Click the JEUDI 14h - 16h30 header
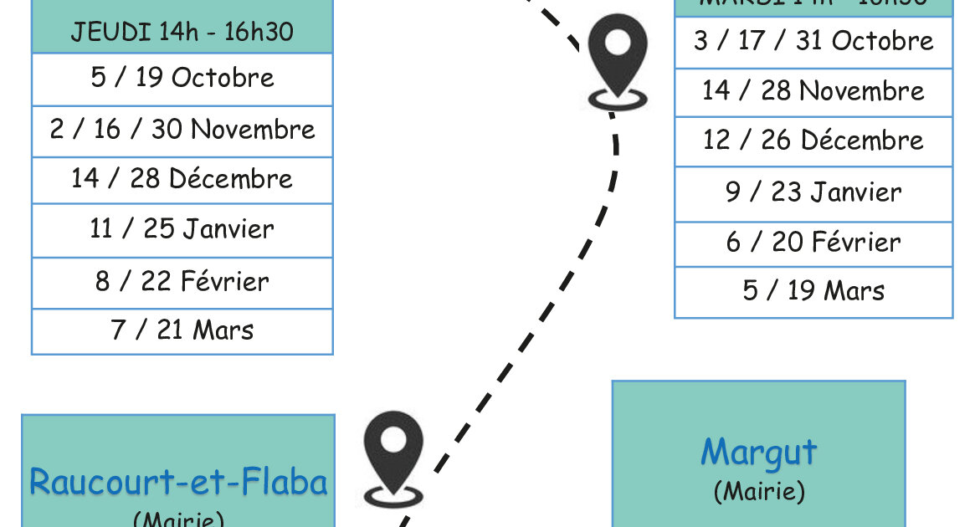click(x=182, y=32)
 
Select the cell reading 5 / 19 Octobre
click(x=182, y=78)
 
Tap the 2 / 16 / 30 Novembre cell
click(x=182, y=130)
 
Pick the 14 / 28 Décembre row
click(x=182, y=179)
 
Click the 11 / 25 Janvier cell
click(x=182, y=229)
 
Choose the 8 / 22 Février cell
click(x=182, y=281)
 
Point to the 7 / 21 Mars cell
click(x=182, y=330)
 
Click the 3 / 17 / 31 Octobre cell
click(x=813, y=41)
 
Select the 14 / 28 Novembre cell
click(x=813, y=91)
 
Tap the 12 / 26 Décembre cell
click(x=813, y=141)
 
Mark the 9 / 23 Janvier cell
click(x=813, y=192)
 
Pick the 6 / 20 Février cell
click(x=813, y=243)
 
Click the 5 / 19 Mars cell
click(x=813, y=291)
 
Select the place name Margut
click(x=758, y=453)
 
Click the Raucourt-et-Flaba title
click(x=178, y=483)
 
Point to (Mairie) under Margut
click(x=758, y=491)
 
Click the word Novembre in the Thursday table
click(x=253, y=130)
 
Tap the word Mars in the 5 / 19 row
click(x=854, y=291)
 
